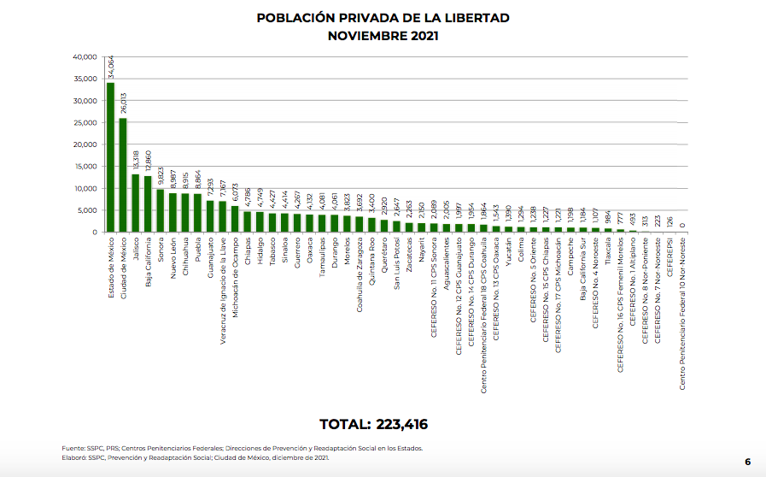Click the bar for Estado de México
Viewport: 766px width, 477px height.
pos(110,157)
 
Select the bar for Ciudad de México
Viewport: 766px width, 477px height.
pos(123,175)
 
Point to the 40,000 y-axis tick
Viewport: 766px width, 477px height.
pos(85,57)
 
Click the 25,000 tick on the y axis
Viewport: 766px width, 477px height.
pos(85,123)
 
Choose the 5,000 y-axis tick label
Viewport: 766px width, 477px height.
pos(87,210)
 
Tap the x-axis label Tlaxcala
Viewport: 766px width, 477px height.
pos(607,254)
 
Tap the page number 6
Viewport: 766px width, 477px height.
pos(747,462)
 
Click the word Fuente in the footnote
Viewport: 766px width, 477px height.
pos(73,448)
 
